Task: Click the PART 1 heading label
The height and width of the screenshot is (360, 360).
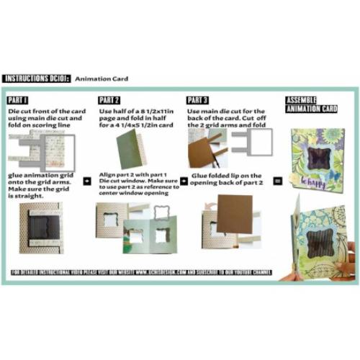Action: pyautogui.click(x=19, y=100)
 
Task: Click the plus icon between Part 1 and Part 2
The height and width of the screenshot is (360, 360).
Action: pyautogui.click(x=87, y=181)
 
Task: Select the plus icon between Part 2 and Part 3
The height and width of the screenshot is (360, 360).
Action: pyautogui.click(x=184, y=181)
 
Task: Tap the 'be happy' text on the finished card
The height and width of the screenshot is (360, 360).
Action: pyautogui.click(x=316, y=175)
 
